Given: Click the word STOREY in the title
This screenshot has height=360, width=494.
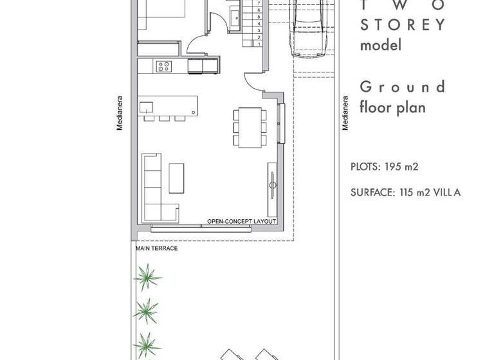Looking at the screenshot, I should pos(402,25).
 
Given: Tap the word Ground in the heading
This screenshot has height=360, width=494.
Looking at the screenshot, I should pos(402,87).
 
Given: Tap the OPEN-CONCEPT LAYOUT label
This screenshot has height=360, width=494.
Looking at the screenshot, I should pos(241,222).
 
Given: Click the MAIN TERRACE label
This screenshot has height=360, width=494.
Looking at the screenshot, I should pos(156,248).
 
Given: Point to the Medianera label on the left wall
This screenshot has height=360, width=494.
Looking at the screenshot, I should pos(120,116).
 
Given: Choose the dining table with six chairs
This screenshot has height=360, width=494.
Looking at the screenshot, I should pos(248,126).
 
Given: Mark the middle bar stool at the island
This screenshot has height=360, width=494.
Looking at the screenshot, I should pos(163,118).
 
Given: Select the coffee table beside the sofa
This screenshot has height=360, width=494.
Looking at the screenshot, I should pos(176,177).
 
